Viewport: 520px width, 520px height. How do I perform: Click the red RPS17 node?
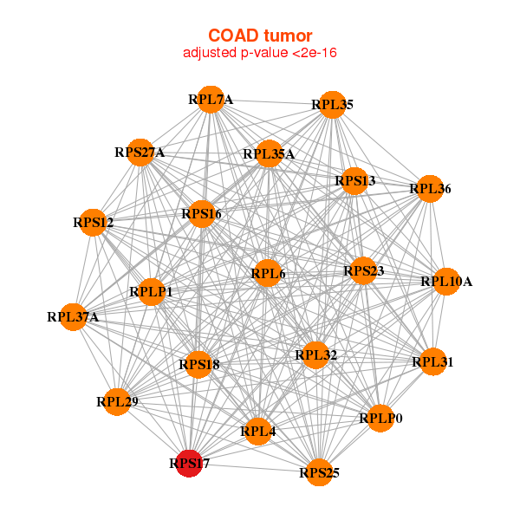tap(189, 463)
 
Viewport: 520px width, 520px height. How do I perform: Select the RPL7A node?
tap(210, 99)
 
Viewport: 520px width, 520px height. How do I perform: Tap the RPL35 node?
tap(333, 105)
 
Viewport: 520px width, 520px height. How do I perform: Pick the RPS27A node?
tap(140, 153)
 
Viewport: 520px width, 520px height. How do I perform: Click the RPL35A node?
tap(269, 154)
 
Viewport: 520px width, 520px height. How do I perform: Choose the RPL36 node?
tap(430, 188)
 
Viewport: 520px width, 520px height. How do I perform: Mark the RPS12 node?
tap(94, 223)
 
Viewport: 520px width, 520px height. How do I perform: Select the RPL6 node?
tap(268, 274)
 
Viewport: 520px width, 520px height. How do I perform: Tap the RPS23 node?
tap(363, 271)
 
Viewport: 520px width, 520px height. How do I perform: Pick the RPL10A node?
tap(445, 281)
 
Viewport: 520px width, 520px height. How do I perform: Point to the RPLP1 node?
tap(151, 292)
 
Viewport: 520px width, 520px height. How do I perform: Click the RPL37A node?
tap(73, 316)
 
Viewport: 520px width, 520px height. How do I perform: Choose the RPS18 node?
tap(199, 365)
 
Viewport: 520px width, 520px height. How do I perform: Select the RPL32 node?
tap(315, 354)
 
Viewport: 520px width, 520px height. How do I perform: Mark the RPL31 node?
tap(432, 361)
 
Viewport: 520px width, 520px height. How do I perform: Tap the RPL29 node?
tap(117, 401)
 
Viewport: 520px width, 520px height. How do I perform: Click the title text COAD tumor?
tap(259, 36)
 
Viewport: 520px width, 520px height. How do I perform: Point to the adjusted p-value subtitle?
tap(259, 53)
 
